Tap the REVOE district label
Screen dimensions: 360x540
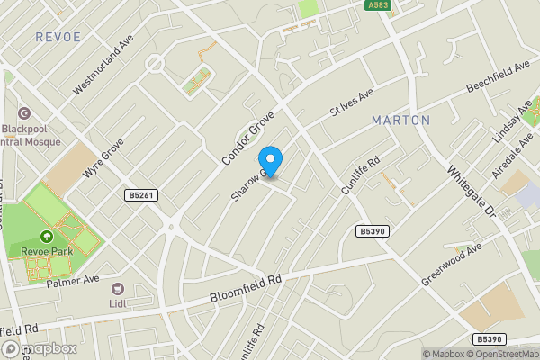(x=58, y=37)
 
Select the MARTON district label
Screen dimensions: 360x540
(x=400, y=120)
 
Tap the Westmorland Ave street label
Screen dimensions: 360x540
(x=103, y=65)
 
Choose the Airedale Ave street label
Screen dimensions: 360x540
(x=522, y=143)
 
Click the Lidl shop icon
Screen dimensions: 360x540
(x=117, y=289)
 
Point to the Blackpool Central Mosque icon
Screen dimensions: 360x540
(x=23, y=114)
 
